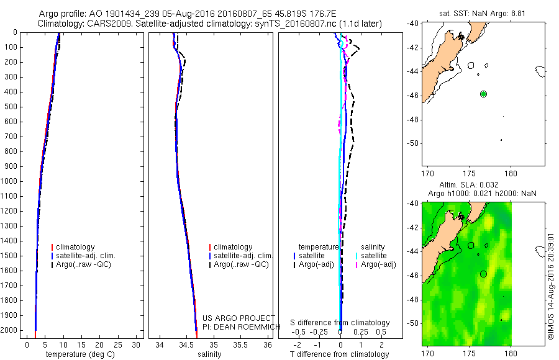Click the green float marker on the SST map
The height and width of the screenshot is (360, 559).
pos(483,94)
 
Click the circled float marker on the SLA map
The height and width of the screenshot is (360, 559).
pos(483,274)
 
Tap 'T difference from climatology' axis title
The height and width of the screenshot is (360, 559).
pos(339,354)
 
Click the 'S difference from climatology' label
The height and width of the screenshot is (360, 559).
pos(340,323)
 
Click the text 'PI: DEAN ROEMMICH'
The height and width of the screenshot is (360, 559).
pos(237,326)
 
